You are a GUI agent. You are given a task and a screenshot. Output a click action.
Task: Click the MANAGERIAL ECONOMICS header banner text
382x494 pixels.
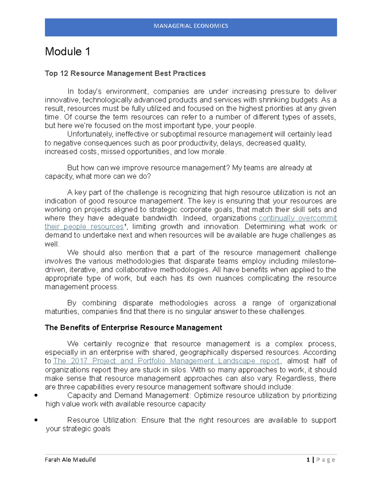191,26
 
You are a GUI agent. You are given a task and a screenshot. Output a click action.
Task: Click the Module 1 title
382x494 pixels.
67,52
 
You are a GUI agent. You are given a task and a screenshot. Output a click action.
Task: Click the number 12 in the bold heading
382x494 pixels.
64,73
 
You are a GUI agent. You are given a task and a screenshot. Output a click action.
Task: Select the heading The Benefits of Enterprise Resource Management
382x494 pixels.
133,328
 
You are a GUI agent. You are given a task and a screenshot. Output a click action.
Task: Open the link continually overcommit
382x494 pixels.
298,218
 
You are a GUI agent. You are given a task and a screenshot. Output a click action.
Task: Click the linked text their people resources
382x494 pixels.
84,227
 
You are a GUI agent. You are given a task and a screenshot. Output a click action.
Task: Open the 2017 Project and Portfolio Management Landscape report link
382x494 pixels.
166,361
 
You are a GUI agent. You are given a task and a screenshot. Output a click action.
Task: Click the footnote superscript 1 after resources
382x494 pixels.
125,225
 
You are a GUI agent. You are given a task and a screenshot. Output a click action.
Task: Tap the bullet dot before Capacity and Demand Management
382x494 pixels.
36,395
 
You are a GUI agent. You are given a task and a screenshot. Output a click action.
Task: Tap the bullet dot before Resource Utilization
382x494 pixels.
36,420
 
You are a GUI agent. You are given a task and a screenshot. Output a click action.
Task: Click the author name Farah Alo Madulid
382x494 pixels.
70,460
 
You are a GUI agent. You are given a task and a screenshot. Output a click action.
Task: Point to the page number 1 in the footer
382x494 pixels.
308,460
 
